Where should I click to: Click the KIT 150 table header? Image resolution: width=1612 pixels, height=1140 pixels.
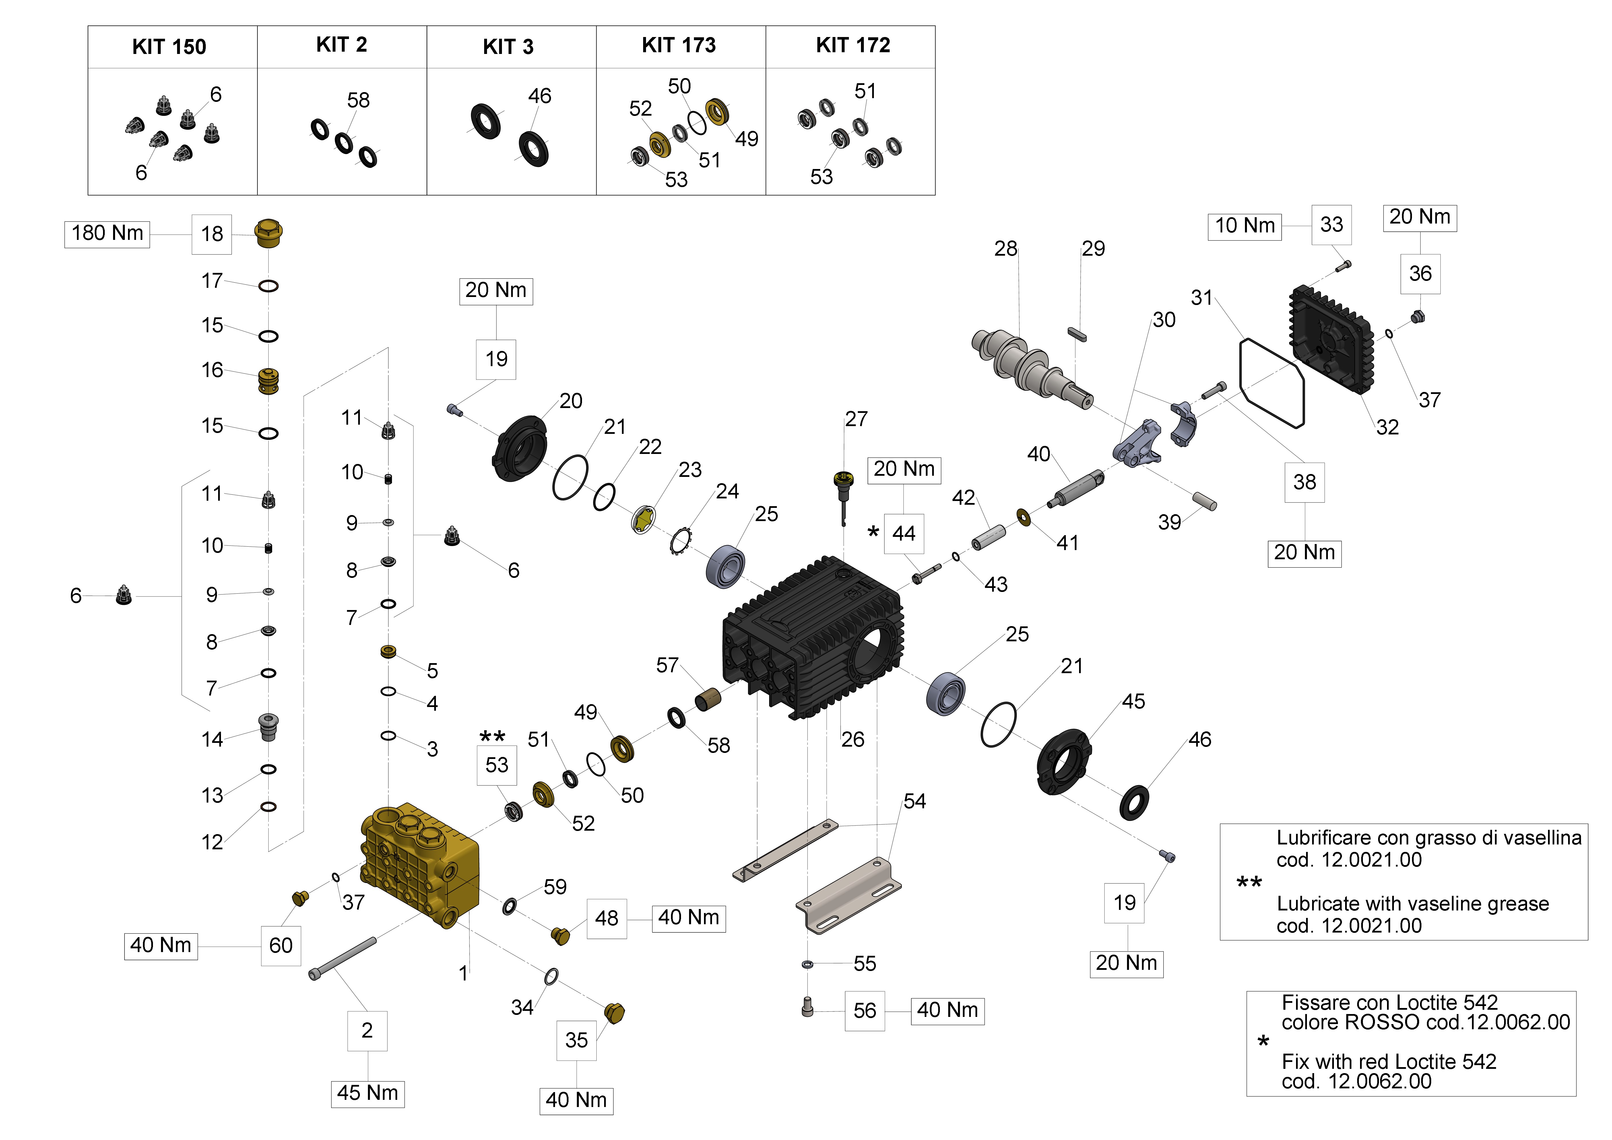click(169, 47)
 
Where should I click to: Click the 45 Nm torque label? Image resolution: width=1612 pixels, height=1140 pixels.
click(367, 1093)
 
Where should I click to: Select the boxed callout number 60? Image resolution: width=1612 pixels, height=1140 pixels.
click(281, 945)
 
